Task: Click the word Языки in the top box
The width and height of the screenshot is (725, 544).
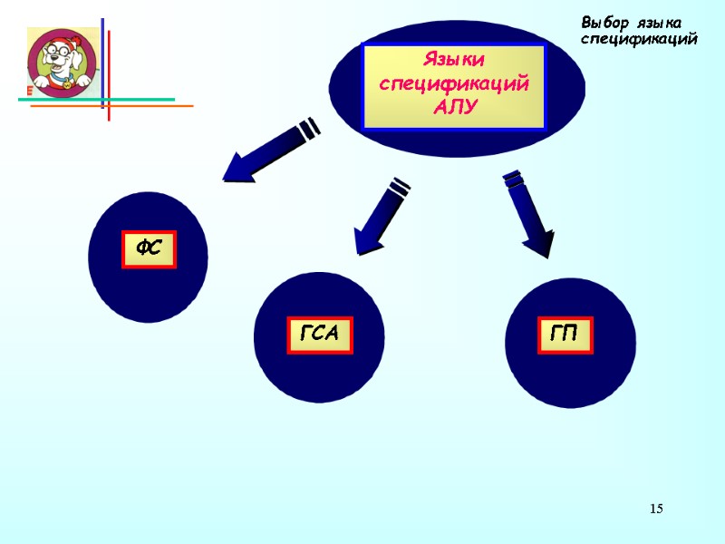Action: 454,61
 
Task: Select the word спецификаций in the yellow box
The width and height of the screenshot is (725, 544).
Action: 454,83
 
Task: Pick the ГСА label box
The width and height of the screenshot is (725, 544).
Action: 319,335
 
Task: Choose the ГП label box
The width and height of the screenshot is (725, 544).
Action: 565,335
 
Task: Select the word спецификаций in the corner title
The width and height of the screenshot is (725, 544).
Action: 638,39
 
